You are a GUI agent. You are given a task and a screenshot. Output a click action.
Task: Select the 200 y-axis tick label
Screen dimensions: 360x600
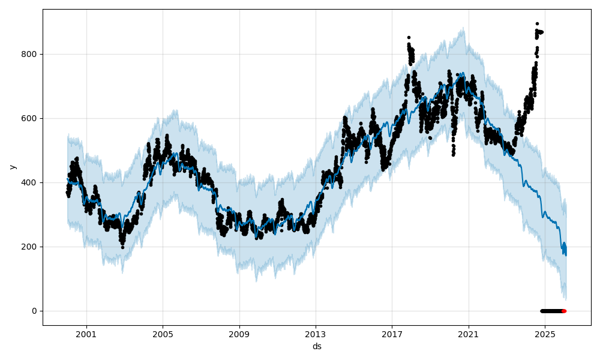pyautogui.click(x=30, y=247)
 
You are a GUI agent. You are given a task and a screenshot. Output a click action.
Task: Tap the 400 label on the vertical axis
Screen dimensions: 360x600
pyautogui.click(x=30, y=182)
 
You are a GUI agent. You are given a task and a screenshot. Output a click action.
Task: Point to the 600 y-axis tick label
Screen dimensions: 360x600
pyautogui.click(x=30, y=118)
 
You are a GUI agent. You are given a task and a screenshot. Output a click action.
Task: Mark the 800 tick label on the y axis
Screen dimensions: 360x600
pyautogui.click(x=30, y=54)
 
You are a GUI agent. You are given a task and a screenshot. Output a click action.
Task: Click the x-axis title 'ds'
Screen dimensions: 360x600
pyautogui.click(x=317, y=346)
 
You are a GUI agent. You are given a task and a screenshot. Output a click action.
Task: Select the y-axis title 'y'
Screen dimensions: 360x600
pyautogui.click(x=13, y=167)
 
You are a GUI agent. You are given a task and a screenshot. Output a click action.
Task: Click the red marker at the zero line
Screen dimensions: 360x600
pyautogui.click(x=564, y=311)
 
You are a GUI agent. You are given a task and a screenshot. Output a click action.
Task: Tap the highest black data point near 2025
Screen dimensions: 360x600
pyautogui.click(x=537, y=24)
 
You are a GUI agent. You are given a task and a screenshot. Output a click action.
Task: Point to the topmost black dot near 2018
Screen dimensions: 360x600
pyautogui.click(x=409, y=37)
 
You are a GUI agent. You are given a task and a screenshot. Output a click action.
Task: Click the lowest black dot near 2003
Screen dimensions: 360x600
pyautogui.click(x=122, y=247)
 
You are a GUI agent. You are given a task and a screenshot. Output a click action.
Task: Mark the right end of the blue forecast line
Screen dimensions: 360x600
pyautogui.click(x=565, y=254)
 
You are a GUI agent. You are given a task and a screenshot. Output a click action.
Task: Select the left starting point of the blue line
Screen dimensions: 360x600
pyautogui.click(x=67, y=179)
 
